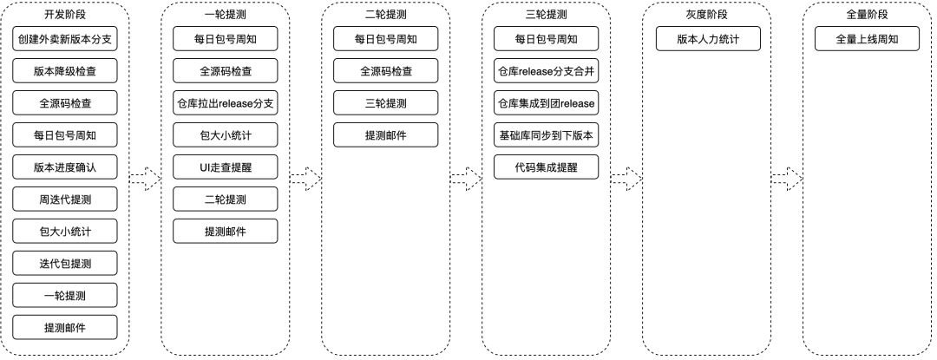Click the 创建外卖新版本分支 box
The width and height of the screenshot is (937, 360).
pyautogui.click(x=65, y=40)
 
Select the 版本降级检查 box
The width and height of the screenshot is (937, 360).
pyautogui.click(x=65, y=72)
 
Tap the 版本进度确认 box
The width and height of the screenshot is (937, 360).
pyautogui.click(x=65, y=167)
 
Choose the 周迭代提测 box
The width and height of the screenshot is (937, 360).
pyautogui.click(x=65, y=200)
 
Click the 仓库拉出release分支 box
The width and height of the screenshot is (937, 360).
pyautogui.click(x=226, y=104)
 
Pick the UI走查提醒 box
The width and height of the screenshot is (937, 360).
pyautogui.click(x=226, y=167)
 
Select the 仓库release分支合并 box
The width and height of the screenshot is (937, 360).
pyautogui.click(x=547, y=72)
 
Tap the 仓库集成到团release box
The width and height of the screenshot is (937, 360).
pyautogui.click(x=547, y=104)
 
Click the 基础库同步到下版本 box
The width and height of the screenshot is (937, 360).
pyautogui.click(x=547, y=136)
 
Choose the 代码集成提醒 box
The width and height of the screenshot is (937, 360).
pyautogui.click(x=547, y=167)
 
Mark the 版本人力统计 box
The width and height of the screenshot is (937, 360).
pyautogui.click(x=707, y=40)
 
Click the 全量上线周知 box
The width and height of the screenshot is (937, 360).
pyautogui.click(x=868, y=40)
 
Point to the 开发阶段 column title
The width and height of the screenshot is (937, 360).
pyautogui.click(x=65, y=15)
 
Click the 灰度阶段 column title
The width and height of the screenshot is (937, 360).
pyautogui.click(x=707, y=15)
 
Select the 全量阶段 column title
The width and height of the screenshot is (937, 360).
pyautogui.click(x=868, y=15)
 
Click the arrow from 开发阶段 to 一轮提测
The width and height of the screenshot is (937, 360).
pyautogui.click(x=145, y=179)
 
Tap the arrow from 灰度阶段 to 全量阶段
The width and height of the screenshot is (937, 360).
pyautogui.click(x=787, y=179)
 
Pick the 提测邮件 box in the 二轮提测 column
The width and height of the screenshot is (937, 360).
pyautogui.click(x=386, y=136)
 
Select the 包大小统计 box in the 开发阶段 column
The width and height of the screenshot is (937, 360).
pyautogui.click(x=65, y=232)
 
